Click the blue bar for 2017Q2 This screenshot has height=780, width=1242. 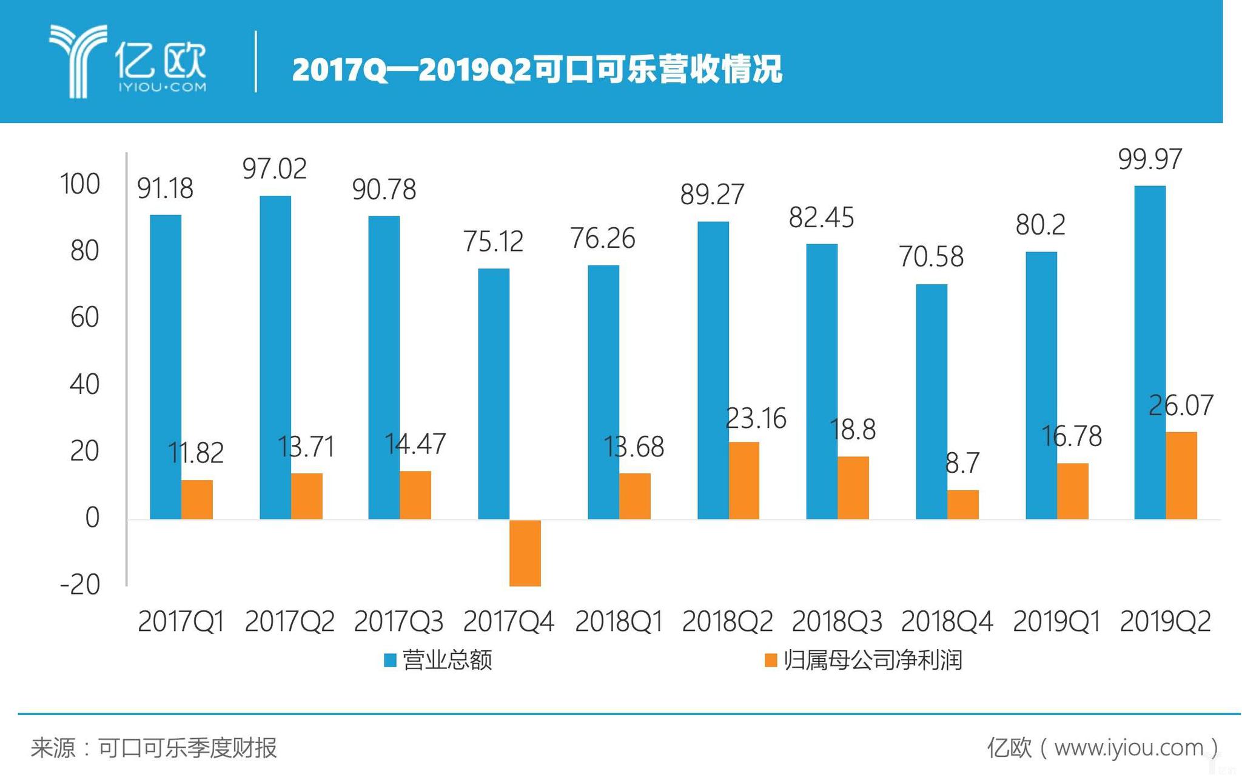[275, 358]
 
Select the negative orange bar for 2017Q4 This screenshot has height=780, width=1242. [525, 553]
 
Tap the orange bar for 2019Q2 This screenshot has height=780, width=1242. [1181, 476]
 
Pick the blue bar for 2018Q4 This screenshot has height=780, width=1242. [931, 401]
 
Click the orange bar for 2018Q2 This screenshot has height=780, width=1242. [744, 481]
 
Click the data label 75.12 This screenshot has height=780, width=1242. [493, 242]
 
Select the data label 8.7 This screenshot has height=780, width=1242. [962, 464]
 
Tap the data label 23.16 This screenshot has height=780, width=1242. [756, 419]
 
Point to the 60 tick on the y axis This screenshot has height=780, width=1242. [84, 318]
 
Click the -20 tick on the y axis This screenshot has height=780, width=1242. [80, 585]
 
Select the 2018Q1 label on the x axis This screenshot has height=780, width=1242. [619, 622]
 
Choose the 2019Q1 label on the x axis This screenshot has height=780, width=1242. [1056, 622]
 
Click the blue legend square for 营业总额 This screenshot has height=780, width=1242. [391, 660]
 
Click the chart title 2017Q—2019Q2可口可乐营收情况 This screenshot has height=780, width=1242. [537, 70]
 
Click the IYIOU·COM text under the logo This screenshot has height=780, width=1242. [162, 87]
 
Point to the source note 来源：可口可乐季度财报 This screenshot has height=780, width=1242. [154, 748]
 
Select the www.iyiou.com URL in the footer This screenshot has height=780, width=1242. [1129, 748]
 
